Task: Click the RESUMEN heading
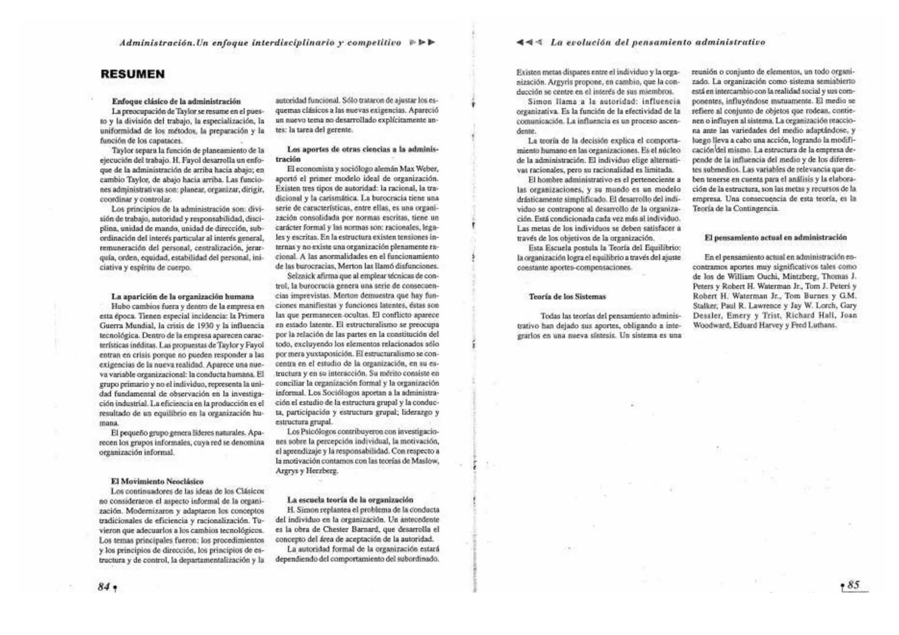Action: tap(132, 74)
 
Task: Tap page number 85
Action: tap(853, 584)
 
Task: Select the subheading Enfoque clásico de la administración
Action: tap(176, 101)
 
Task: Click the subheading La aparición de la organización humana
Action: tap(182, 296)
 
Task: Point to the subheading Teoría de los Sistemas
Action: tap(567, 296)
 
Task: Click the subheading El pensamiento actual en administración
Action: tap(775, 238)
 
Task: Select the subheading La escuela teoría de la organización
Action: tap(350, 500)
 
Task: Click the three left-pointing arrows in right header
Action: tap(529, 42)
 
